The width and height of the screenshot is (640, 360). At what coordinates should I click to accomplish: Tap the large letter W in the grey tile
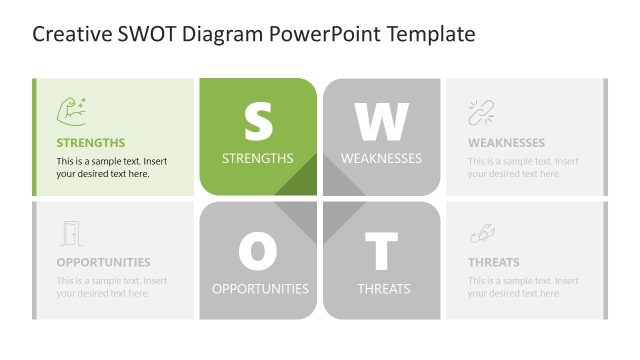tap(381, 121)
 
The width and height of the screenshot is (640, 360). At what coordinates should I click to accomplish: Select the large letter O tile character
tap(258, 251)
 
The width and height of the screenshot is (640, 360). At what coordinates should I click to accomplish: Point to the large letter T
tap(381, 251)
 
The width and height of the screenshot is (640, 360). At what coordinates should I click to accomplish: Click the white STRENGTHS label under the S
tap(258, 158)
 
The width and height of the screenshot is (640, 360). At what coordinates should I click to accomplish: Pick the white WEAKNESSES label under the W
tap(381, 158)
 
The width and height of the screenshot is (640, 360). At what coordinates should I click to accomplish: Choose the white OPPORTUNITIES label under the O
tap(260, 289)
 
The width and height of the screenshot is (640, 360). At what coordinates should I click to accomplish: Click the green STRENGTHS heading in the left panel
tap(91, 143)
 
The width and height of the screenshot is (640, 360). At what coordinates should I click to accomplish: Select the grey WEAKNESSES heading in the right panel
tap(506, 143)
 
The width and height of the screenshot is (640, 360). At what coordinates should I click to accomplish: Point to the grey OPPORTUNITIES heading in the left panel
tap(103, 263)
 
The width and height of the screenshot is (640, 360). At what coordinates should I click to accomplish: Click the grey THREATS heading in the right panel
tap(494, 263)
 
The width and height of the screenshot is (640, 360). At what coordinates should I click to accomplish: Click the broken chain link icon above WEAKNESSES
tap(482, 112)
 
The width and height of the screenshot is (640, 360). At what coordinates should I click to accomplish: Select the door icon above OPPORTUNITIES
tap(70, 233)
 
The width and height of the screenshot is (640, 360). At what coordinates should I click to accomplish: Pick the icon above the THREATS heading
tap(482, 233)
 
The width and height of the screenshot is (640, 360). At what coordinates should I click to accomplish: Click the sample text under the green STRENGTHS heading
tap(111, 167)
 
